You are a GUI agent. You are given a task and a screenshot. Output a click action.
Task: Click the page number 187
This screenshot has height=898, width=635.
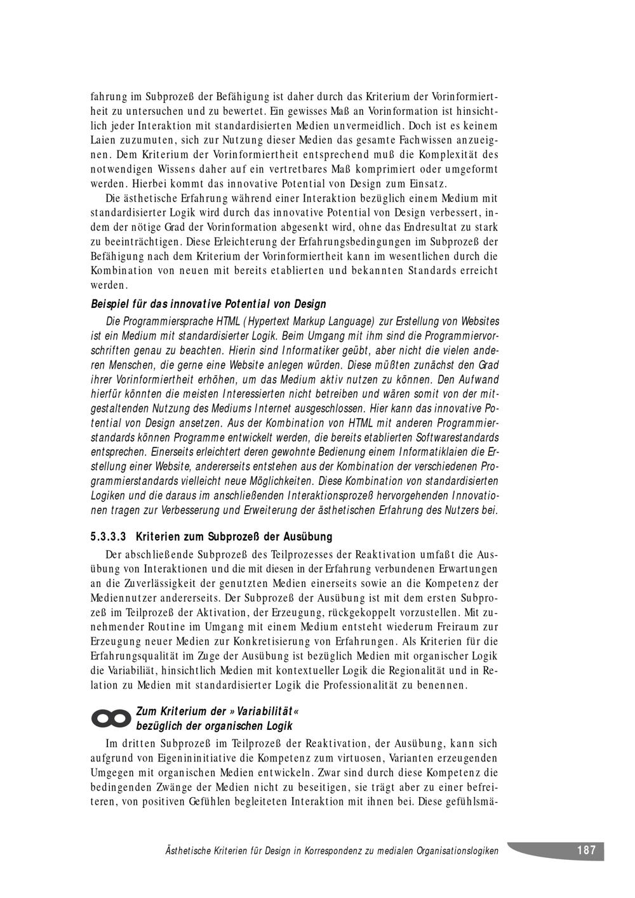pyautogui.click(x=586, y=850)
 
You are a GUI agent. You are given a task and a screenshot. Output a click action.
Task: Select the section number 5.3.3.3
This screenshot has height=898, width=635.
pyautogui.click(x=109, y=537)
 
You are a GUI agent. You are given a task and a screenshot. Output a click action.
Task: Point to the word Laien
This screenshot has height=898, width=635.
pyautogui.click(x=104, y=140)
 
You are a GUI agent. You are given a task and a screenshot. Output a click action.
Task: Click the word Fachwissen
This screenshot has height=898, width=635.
pyautogui.click(x=417, y=140)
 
